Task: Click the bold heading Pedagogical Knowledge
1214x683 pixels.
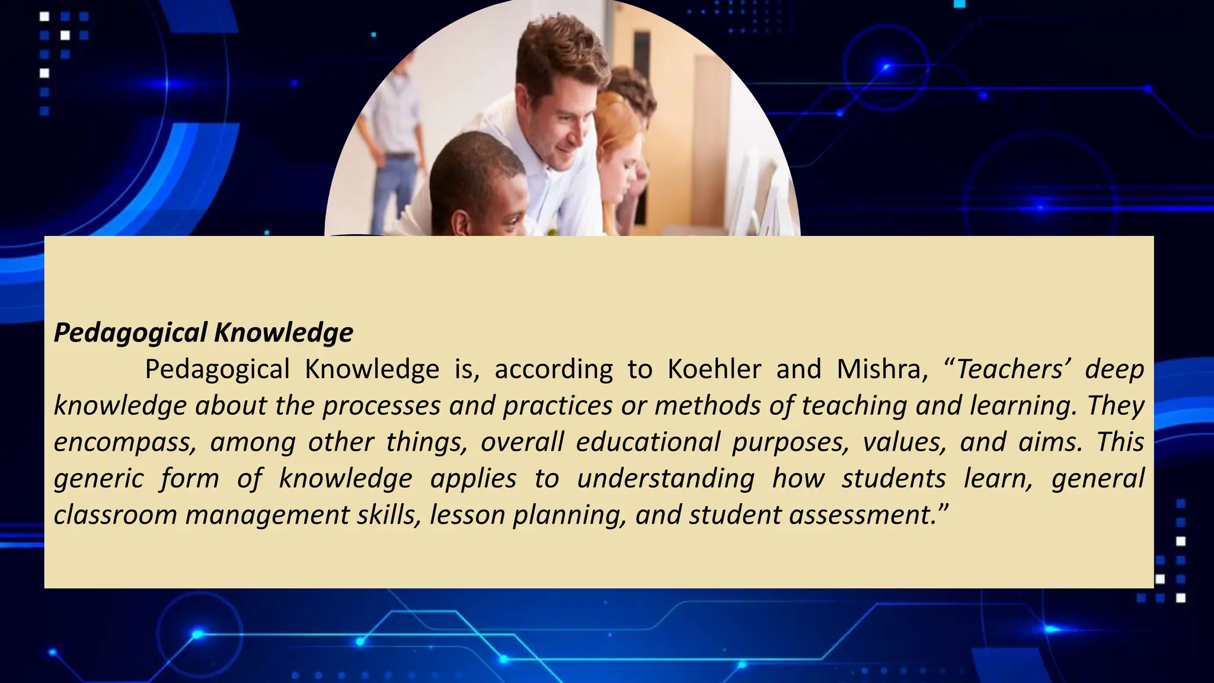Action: (203, 333)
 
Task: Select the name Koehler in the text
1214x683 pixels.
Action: (714, 369)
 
